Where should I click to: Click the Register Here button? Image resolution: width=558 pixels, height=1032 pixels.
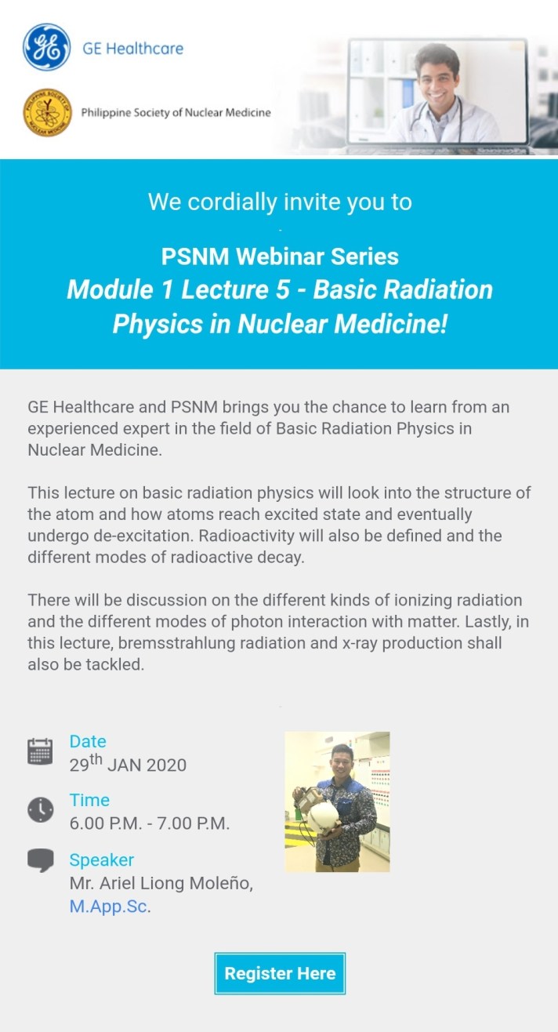pos(280,974)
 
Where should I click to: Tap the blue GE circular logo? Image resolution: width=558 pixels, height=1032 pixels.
pos(47,48)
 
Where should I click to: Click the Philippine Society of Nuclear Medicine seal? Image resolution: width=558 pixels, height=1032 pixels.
pos(47,112)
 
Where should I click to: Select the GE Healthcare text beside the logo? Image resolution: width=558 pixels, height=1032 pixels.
pos(132,49)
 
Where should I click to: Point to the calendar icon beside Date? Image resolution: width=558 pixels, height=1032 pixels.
pos(40,750)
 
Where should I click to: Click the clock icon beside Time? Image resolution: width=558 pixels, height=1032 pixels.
pos(40,809)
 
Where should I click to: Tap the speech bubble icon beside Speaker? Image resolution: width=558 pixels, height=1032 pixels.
pos(40,860)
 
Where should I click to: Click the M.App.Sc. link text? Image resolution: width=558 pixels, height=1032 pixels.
pos(110,908)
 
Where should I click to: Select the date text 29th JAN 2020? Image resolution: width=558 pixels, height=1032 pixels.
pos(128,764)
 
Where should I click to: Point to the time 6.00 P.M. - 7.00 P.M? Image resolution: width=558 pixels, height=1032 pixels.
pos(149,823)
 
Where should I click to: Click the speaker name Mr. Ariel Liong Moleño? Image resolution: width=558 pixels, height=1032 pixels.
pos(161,883)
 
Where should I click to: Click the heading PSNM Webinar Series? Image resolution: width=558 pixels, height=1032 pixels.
pos(280,256)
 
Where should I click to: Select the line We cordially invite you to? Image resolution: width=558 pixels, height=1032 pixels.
pos(280,202)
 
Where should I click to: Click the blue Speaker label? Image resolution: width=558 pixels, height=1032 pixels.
pos(102,859)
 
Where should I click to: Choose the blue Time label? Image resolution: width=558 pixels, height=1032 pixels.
pos(89,800)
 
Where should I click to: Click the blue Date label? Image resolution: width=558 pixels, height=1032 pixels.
pos(88,741)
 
